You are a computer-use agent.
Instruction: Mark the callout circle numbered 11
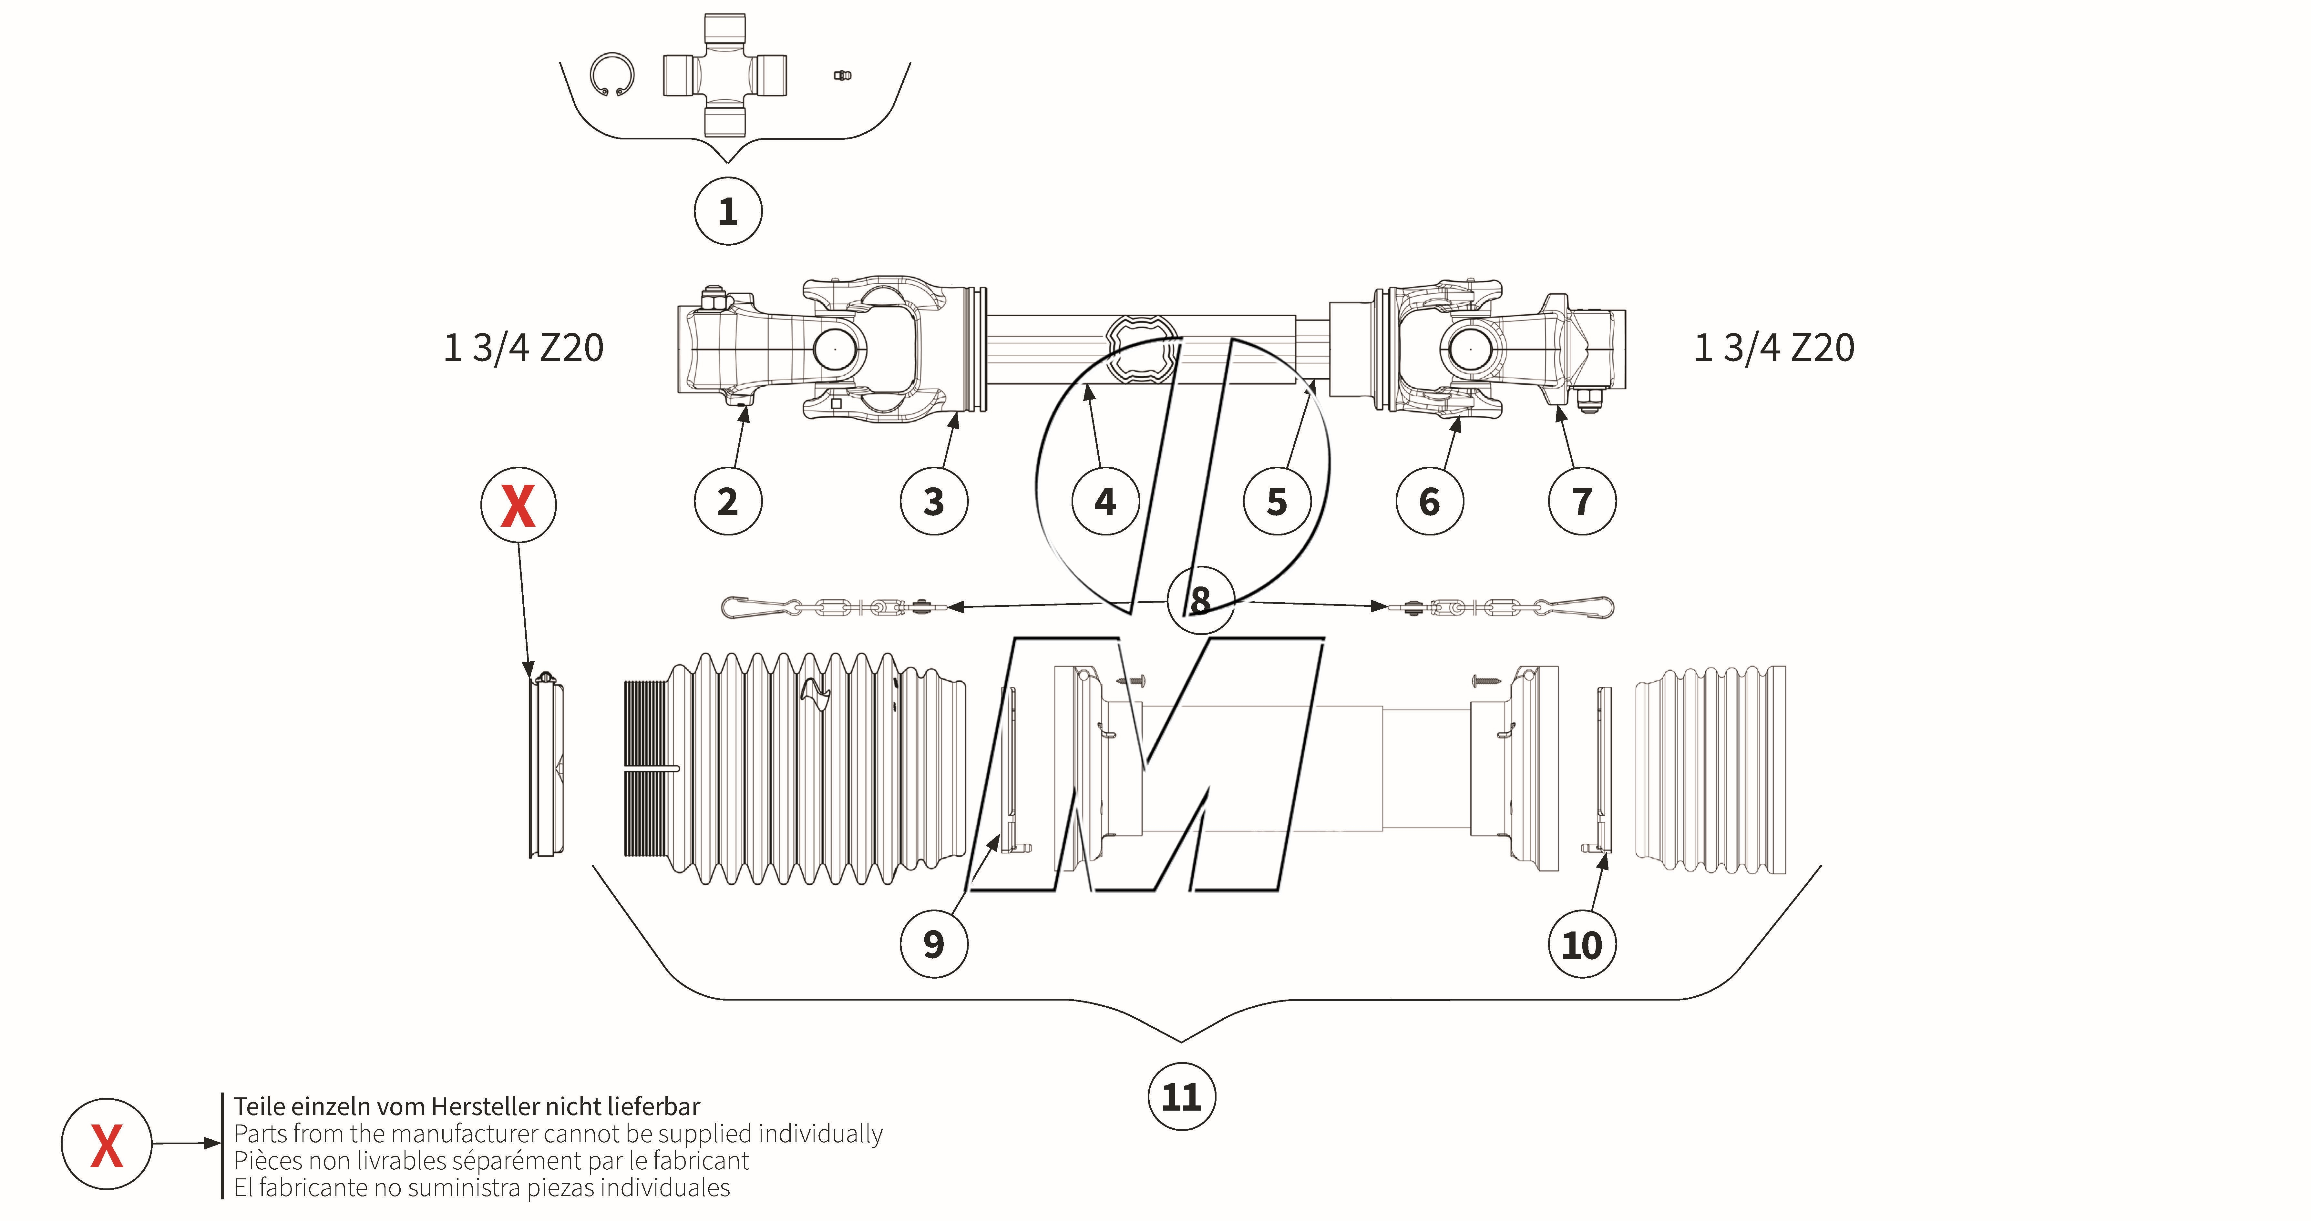(1182, 1096)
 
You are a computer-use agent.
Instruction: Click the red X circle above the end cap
(519, 505)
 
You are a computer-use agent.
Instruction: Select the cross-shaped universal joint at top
(725, 75)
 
